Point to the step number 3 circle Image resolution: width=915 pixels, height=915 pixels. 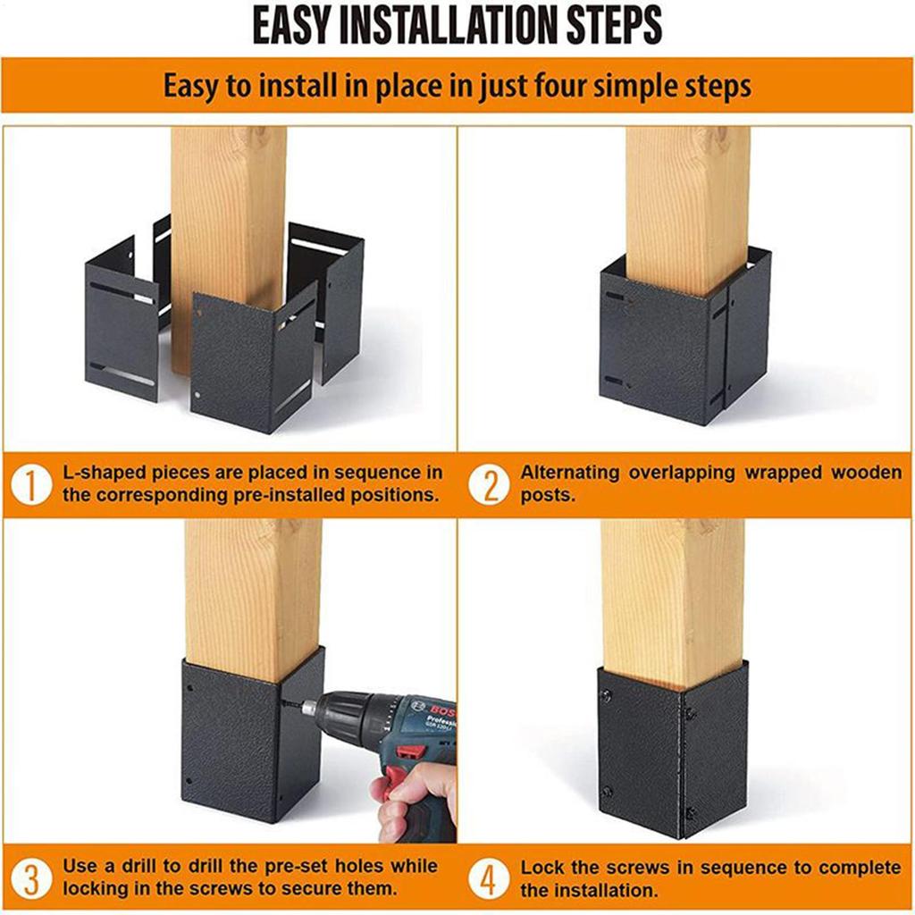coord(30,879)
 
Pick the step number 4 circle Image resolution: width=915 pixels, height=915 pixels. coord(489,879)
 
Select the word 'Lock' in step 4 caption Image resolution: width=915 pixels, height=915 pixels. coord(542,868)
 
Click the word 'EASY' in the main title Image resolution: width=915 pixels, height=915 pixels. coord(296,26)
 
